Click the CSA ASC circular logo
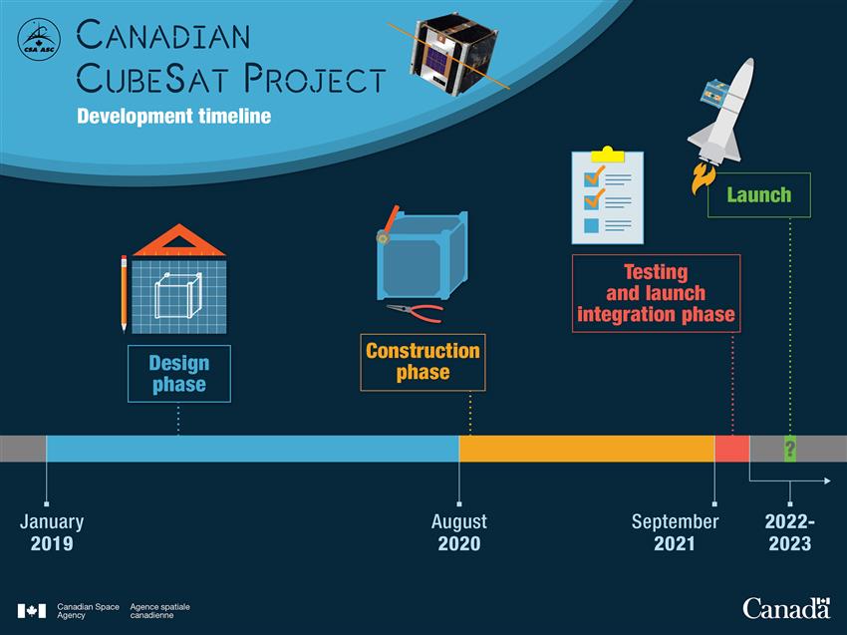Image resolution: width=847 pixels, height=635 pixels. point(39,40)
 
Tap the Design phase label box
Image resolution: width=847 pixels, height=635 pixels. point(179,374)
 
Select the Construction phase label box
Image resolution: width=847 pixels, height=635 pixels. point(423,362)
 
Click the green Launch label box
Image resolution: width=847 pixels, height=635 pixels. point(759,195)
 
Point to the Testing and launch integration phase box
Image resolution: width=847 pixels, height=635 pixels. point(657,293)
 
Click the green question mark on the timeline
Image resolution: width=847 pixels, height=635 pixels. point(790,449)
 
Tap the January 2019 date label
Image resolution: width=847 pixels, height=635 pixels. point(52,532)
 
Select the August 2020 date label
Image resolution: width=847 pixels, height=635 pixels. point(459,532)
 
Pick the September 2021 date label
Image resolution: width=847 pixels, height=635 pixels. point(676,532)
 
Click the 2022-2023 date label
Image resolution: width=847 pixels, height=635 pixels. point(790,532)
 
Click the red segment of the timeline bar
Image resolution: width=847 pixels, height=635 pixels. point(732,449)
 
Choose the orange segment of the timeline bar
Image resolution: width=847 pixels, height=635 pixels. point(587,449)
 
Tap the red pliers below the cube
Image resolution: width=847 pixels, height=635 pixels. point(415,312)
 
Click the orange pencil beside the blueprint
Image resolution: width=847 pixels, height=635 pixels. point(124,293)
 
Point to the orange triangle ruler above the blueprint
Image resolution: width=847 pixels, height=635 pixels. point(178,240)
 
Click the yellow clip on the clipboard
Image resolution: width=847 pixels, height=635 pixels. point(608,155)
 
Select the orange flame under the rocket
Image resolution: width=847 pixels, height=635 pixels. point(704,178)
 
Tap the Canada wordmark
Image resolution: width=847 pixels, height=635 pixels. point(786,608)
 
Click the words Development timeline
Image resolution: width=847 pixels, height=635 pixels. point(174,117)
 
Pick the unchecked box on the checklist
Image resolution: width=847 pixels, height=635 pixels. point(592,225)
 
